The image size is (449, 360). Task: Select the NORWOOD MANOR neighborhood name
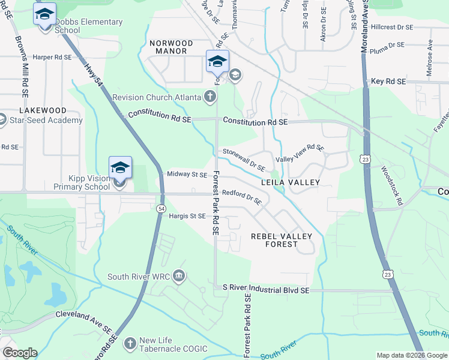171,47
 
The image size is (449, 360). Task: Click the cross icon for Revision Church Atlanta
209,96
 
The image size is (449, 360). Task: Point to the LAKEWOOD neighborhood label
43,110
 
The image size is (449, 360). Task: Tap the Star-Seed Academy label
46,121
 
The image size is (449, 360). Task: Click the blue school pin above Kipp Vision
119,167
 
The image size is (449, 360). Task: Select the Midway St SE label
187,175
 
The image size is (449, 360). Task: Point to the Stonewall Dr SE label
244,160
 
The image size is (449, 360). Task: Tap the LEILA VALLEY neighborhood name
290,182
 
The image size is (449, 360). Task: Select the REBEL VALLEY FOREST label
282,240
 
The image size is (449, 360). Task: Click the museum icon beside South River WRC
178,277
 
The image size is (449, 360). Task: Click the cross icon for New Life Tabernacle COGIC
130,344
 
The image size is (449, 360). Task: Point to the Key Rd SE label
388,81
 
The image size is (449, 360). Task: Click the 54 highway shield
161,208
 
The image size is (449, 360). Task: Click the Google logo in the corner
20,353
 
